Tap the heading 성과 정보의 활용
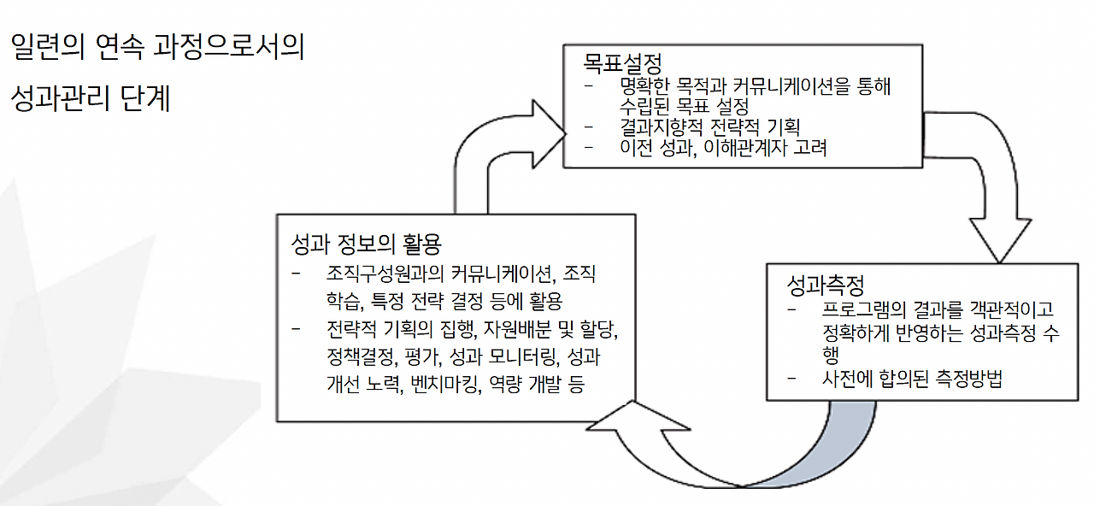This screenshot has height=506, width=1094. (367, 244)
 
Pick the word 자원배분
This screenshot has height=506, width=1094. (515, 328)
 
